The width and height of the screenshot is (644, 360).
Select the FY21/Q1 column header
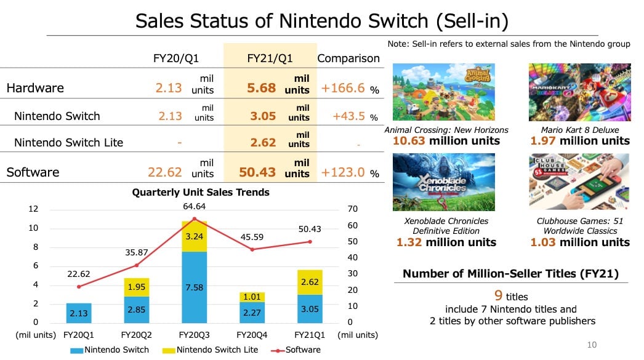tap(270, 58)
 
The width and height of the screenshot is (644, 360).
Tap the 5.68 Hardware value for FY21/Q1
tap(261, 87)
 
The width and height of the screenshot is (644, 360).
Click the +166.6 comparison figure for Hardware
tap(343, 87)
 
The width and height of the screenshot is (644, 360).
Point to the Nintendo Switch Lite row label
tap(68, 142)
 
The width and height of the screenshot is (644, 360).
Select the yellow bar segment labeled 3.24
tap(195, 236)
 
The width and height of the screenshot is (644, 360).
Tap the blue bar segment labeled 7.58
tap(195, 287)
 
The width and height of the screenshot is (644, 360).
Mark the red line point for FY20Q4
tap(252, 249)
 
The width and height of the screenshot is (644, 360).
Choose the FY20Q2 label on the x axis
tap(137, 335)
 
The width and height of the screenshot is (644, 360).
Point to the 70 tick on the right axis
tap(352, 209)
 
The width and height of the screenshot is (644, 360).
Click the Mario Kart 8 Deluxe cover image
tap(579, 92)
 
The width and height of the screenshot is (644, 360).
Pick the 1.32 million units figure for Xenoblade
tap(446, 242)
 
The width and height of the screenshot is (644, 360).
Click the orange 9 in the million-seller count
tap(499, 295)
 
